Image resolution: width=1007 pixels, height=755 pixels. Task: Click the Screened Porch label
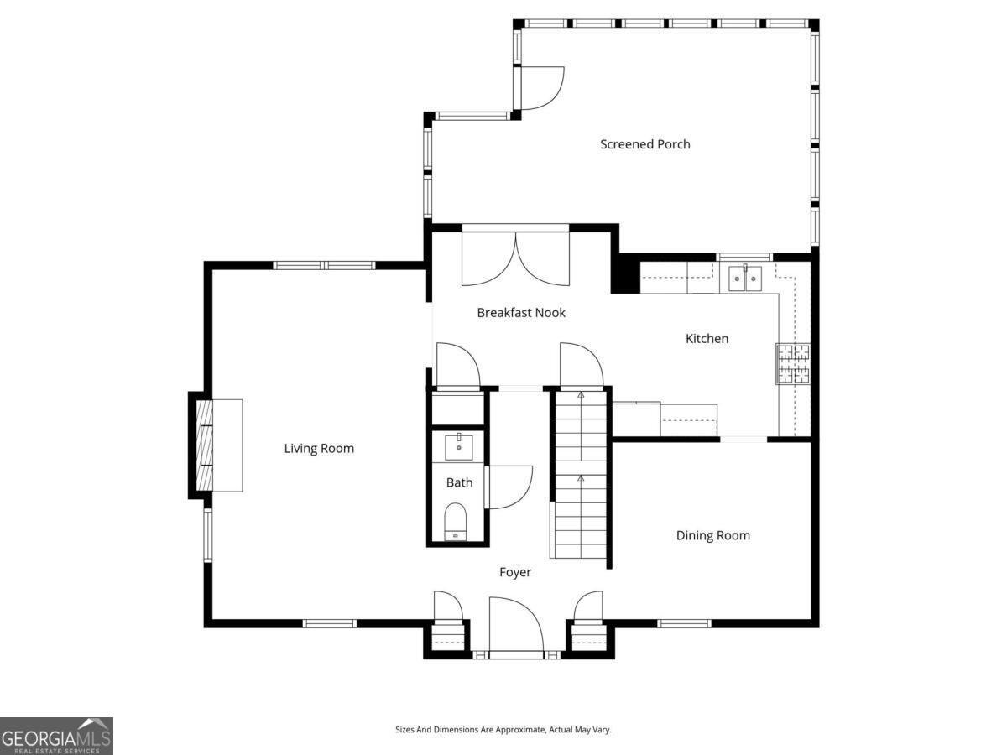644,144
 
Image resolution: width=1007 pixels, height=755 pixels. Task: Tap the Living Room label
319,448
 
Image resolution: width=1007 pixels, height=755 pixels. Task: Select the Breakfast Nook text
521,313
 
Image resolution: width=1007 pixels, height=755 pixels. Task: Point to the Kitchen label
707,339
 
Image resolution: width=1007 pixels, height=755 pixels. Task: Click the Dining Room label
712,535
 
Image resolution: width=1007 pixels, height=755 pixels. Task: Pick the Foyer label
515,572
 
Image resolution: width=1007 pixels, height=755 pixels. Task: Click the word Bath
459,482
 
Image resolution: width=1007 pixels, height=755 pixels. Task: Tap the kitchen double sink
744,278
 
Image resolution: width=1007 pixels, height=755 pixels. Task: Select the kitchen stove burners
793,363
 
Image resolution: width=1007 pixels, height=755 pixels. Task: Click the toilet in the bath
455,522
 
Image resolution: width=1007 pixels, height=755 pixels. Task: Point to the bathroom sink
458,446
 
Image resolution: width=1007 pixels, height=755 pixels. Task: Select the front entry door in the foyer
516,625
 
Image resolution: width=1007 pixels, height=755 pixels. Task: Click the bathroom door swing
508,487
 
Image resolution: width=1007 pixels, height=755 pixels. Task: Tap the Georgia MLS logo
56,736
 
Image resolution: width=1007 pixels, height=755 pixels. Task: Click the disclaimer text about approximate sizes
503,730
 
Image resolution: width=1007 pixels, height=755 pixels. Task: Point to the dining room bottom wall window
684,623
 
